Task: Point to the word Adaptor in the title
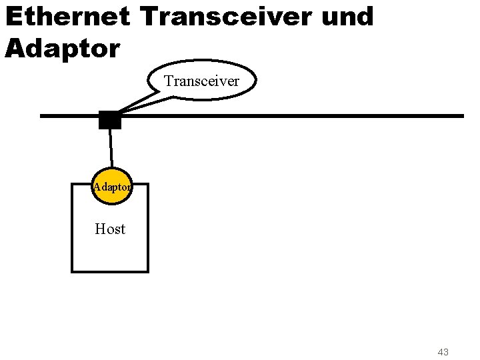pyautogui.click(x=62, y=47)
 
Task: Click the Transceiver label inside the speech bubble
pyautogui.click(x=201, y=81)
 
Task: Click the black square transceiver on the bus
pyautogui.click(x=109, y=120)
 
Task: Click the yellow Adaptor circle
pyautogui.click(x=112, y=187)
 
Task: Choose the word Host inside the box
pyautogui.click(x=110, y=229)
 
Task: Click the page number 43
pyautogui.click(x=443, y=351)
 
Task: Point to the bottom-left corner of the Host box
pyautogui.click(x=72, y=271)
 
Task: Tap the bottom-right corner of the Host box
pyautogui.click(x=148, y=271)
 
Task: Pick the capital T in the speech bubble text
pyautogui.click(x=169, y=81)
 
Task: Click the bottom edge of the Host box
pyautogui.click(x=110, y=271)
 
